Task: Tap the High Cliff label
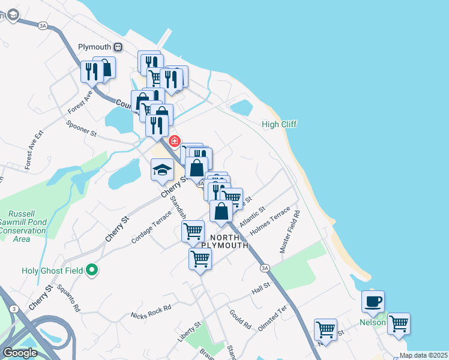click(x=280, y=124)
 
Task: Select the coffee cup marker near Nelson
click(x=373, y=301)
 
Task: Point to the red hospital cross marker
click(x=175, y=141)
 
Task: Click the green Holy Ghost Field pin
click(x=92, y=271)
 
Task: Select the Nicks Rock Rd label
click(x=151, y=311)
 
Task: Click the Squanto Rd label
click(x=69, y=298)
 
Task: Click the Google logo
click(x=20, y=352)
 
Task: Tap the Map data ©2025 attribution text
click(x=423, y=355)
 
